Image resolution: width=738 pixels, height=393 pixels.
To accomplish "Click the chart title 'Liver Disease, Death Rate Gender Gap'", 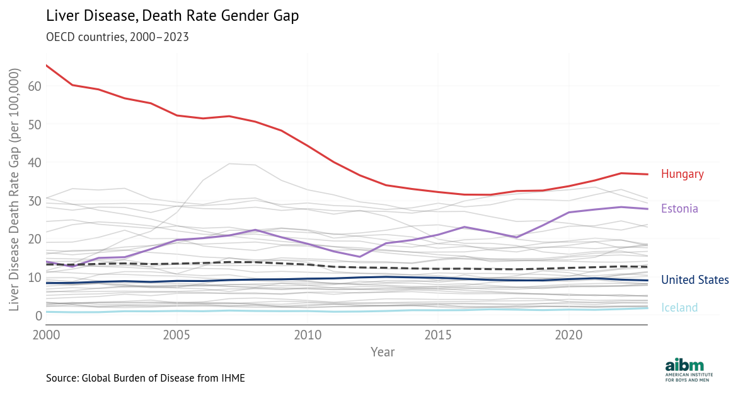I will pyautogui.click(x=172, y=16).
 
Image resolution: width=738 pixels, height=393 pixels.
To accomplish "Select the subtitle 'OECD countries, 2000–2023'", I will pyautogui.click(x=117, y=37).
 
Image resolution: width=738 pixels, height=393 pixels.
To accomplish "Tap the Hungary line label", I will pyautogui.click(x=682, y=174).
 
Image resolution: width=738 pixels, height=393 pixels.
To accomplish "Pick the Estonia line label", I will pyautogui.click(x=679, y=209).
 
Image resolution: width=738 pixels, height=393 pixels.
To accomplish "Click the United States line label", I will pyautogui.click(x=695, y=280).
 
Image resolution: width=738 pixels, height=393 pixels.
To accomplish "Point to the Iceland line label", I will pyautogui.click(x=679, y=308).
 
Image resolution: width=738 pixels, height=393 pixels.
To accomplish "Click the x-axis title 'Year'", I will pyautogui.click(x=383, y=351).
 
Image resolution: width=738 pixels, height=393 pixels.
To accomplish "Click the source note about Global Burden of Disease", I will pyautogui.click(x=145, y=378).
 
